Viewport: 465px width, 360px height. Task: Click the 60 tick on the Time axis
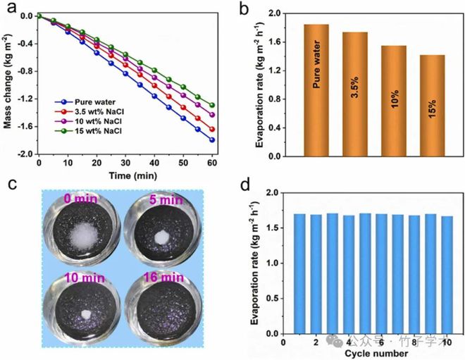click(x=212, y=163)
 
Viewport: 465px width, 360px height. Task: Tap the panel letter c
click(x=11, y=185)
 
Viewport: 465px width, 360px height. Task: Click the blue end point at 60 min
click(x=212, y=139)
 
